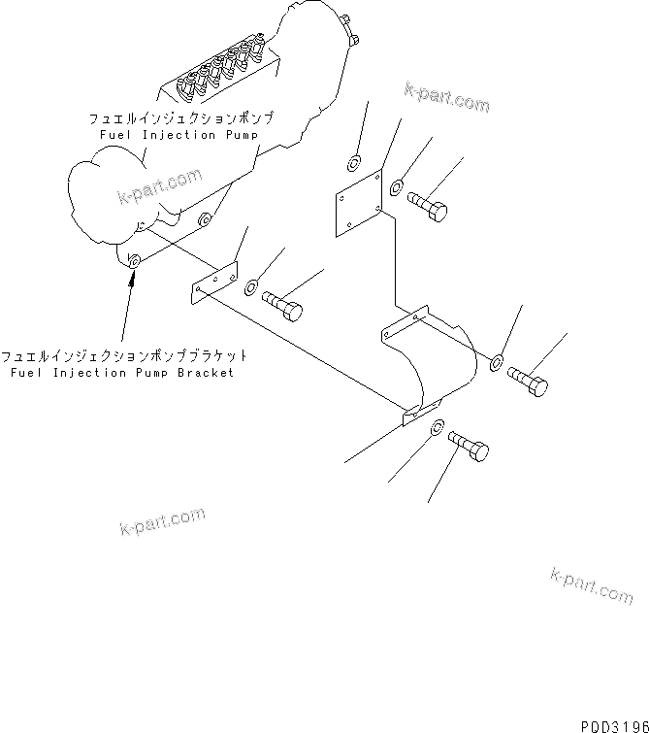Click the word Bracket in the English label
pyautogui.click(x=205, y=373)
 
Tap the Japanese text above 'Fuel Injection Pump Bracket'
pyautogui.click(x=123, y=356)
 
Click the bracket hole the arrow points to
pyautogui.click(x=134, y=260)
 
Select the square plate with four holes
pyautogui.click(x=357, y=202)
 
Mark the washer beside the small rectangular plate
pyautogui.click(x=251, y=286)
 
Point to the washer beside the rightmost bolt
pyautogui.click(x=496, y=362)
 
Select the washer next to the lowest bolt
pyautogui.click(x=438, y=427)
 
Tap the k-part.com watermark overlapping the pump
pyautogui.click(x=160, y=185)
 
